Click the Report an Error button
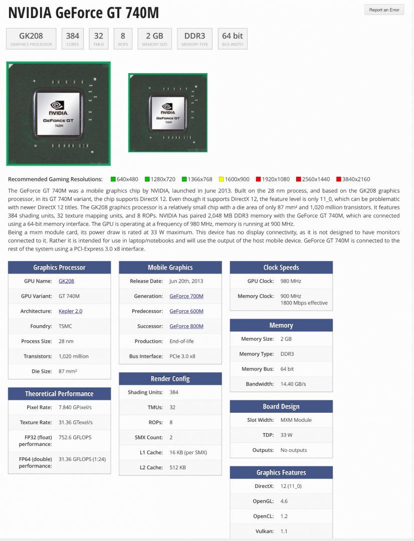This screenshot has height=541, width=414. [384, 10]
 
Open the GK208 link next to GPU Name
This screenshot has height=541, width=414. [66, 281]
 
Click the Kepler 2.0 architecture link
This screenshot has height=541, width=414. [70, 311]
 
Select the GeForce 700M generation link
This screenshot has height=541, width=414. [186, 296]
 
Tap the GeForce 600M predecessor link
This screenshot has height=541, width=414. [186, 311]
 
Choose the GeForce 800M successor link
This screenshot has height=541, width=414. [186, 326]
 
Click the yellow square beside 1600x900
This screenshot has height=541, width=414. [222, 179]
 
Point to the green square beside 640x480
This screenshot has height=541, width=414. [113, 179]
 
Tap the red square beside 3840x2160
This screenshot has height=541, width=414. [339, 179]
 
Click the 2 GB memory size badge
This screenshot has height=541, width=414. [154, 39]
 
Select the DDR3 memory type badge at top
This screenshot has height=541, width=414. [194, 39]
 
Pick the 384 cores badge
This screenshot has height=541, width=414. [73, 39]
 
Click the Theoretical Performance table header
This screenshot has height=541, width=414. [59, 394]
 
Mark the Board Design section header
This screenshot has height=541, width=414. [281, 406]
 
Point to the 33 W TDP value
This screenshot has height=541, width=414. [287, 435]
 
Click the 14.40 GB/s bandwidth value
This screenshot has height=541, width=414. [293, 384]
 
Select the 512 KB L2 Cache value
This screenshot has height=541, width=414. [177, 467]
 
